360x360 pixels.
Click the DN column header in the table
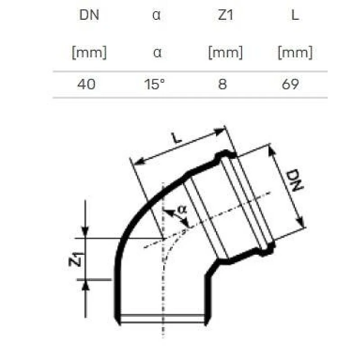[89, 15]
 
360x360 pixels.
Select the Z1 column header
[225, 15]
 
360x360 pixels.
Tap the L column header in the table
[295, 15]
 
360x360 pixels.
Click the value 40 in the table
[86, 84]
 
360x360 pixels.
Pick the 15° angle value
[155, 84]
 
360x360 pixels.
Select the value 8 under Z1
[223, 84]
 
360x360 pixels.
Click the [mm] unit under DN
[89, 53]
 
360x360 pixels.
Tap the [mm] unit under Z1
[225, 53]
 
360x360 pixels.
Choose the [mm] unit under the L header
[295, 53]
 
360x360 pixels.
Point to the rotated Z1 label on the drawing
[76, 260]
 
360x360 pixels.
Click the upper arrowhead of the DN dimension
[272, 150]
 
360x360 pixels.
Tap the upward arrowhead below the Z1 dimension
[85, 283]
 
